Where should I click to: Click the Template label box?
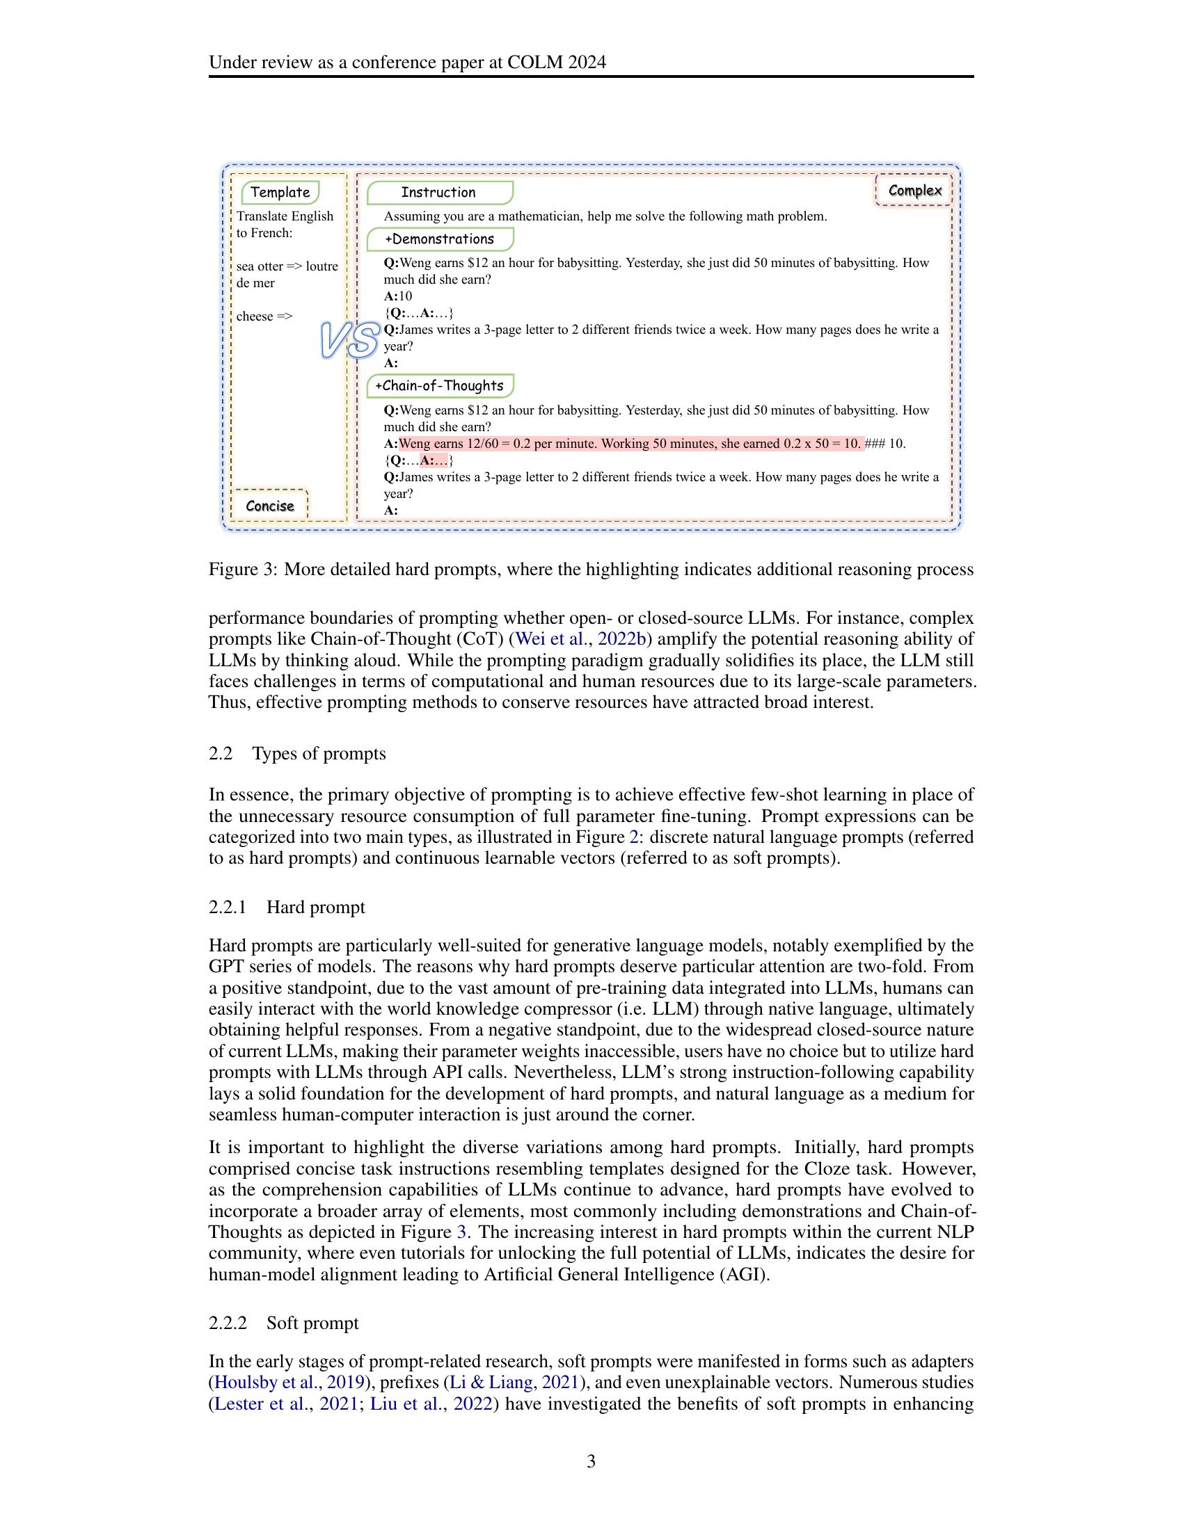[280, 192]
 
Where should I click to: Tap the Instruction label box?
[438, 192]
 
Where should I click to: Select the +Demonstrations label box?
[439, 239]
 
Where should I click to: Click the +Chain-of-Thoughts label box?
[439, 386]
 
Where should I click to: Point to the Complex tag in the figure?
[914, 191]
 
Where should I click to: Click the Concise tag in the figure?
[270, 506]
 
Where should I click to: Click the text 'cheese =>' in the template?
[264, 316]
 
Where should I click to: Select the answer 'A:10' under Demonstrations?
[398, 296]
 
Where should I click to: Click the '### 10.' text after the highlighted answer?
[886, 444]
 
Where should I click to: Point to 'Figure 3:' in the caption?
[242, 570]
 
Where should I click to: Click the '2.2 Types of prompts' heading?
[297, 753]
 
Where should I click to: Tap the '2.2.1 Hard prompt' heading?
[287, 907]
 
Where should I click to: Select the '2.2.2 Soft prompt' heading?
[283, 1323]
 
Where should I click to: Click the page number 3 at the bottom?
[591, 1461]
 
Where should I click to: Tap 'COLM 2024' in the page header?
[557, 63]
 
